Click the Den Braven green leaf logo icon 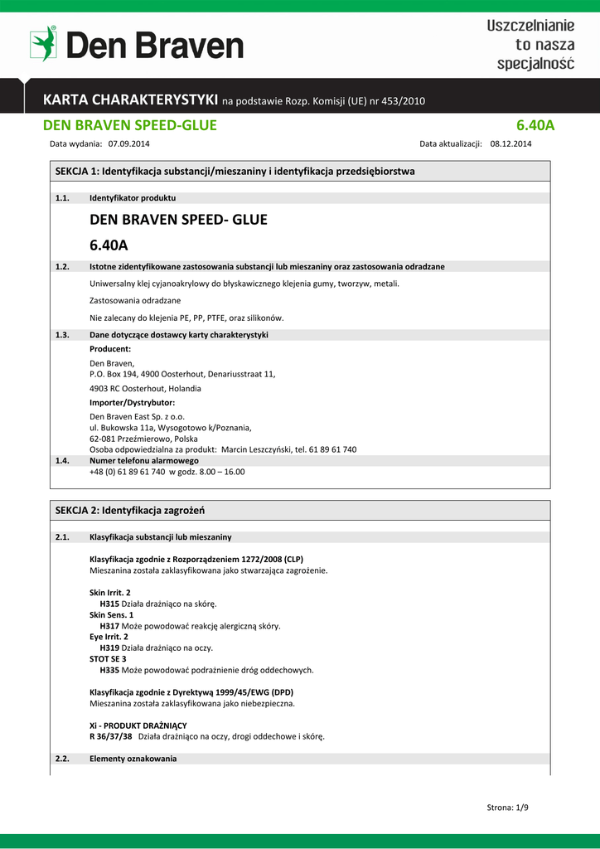(x=43, y=44)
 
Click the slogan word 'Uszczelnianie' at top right (x=530, y=27)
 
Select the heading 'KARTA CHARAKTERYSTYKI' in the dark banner (x=131, y=100)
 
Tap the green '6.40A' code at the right (x=535, y=125)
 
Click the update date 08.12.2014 (x=510, y=143)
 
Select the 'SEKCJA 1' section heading (x=235, y=171)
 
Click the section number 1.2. (x=61, y=266)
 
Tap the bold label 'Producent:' (x=110, y=349)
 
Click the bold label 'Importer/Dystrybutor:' (x=132, y=402)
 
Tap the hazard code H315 (x=109, y=604)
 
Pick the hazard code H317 (x=109, y=626)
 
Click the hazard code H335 (x=109, y=670)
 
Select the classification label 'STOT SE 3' (x=108, y=658)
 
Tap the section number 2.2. (x=61, y=759)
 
